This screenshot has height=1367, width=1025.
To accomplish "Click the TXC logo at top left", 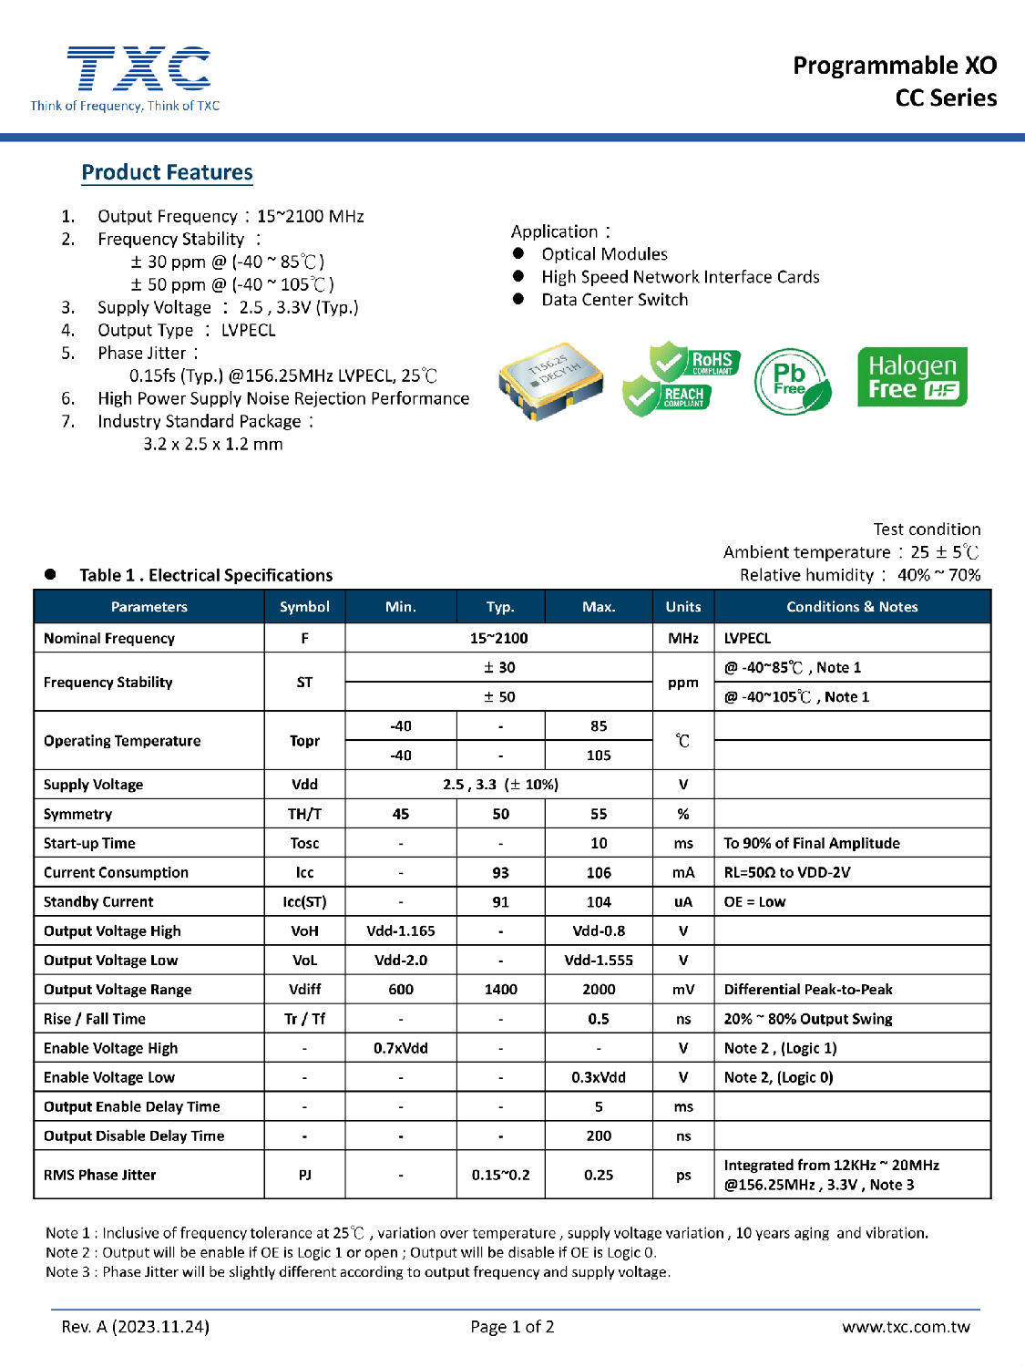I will pyautogui.click(x=137, y=72).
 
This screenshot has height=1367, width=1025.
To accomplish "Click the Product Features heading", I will pyautogui.click(x=167, y=172).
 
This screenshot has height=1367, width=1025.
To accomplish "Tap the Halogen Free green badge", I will pyautogui.click(x=912, y=377).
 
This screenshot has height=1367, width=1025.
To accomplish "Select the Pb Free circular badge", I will pyautogui.click(x=792, y=381).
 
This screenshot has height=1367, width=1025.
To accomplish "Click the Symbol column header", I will pyautogui.click(x=304, y=607).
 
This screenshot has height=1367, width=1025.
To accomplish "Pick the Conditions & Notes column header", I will pyautogui.click(x=852, y=607).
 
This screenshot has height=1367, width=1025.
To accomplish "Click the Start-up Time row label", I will pyautogui.click(x=89, y=843).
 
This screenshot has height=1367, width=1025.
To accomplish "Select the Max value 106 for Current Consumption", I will pyautogui.click(x=599, y=872).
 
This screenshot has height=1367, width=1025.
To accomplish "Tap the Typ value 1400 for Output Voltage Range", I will pyautogui.click(x=500, y=990).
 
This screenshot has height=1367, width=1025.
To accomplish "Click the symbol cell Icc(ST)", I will pyautogui.click(x=304, y=901).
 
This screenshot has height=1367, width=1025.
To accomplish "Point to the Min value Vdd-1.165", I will pyautogui.click(x=401, y=930).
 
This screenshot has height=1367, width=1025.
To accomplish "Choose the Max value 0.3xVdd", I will pyautogui.click(x=599, y=1077).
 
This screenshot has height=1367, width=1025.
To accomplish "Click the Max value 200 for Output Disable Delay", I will pyautogui.click(x=599, y=1136).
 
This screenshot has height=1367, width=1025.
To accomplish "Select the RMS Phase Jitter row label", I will pyautogui.click(x=100, y=1175).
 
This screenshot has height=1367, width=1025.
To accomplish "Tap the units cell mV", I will pyautogui.click(x=683, y=990).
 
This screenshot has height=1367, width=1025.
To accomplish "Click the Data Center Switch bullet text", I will pyautogui.click(x=615, y=300).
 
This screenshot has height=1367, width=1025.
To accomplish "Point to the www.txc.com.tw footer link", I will pyautogui.click(x=906, y=1327).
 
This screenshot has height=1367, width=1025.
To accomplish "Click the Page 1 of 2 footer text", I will pyautogui.click(x=512, y=1327).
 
